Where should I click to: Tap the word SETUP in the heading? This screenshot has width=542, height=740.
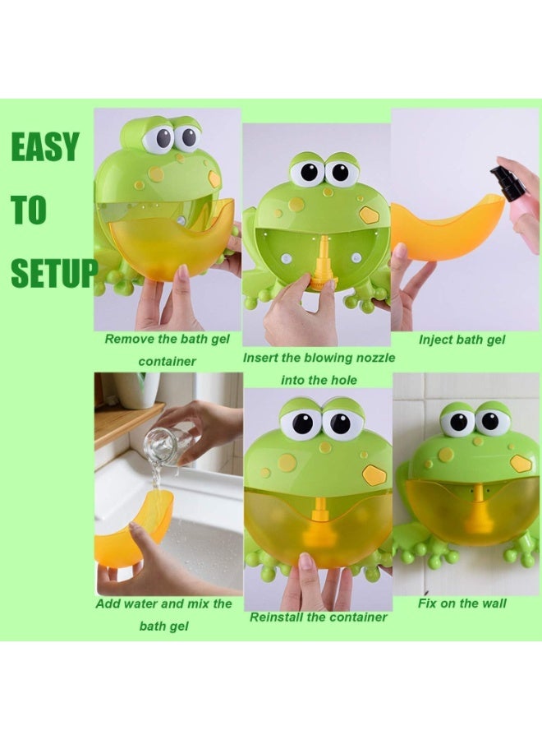(53, 273)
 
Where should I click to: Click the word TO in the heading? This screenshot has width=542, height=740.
(29, 210)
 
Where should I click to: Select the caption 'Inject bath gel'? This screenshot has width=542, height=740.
(462, 340)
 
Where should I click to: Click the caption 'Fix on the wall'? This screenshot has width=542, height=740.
(461, 604)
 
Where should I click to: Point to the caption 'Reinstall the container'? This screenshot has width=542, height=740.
(318, 617)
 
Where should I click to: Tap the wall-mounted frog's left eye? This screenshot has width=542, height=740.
(457, 422)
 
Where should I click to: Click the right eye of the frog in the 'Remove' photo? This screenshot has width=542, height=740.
(187, 136)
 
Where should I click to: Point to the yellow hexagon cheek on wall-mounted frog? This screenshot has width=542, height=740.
(521, 463)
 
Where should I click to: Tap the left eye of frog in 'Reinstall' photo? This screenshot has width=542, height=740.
(297, 423)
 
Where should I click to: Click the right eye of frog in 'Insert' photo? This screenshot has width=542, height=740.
(340, 173)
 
